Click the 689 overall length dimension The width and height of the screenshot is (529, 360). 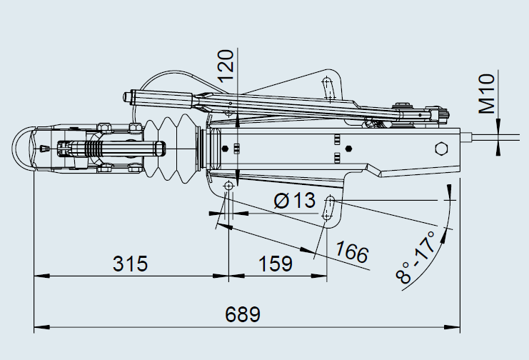[x=243, y=314]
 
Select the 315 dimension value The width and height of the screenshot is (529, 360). [x=130, y=264]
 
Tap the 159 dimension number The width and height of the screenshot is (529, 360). [x=276, y=264]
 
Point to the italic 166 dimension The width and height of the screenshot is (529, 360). [x=351, y=251]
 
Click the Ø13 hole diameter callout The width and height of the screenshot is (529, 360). [x=295, y=200]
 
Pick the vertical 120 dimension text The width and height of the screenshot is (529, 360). [x=226, y=66]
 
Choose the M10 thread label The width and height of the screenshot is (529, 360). [x=487, y=94]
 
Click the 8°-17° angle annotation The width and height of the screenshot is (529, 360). [x=416, y=257]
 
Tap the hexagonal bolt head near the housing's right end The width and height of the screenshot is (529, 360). [x=441, y=149]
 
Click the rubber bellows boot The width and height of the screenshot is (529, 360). [x=172, y=149]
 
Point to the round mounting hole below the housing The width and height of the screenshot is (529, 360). [x=228, y=186]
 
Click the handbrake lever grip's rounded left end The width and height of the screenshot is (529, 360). [x=126, y=98]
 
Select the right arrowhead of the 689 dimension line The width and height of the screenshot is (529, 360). [x=452, y=327]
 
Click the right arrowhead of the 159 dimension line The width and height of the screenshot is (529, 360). [x=319, y=276]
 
